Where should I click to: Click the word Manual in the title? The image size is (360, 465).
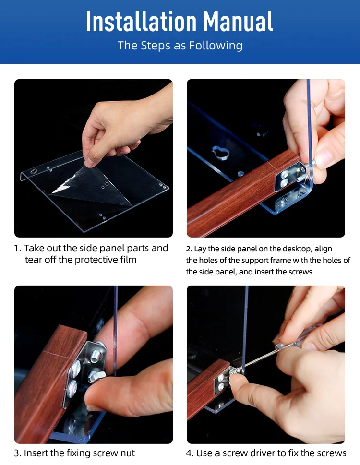click(238, 21)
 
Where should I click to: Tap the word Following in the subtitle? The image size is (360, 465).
click(216, 46)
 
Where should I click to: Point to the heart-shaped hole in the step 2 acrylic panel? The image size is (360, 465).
click(221, 152)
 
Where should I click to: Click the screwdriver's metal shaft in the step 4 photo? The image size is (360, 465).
click(257, 360)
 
